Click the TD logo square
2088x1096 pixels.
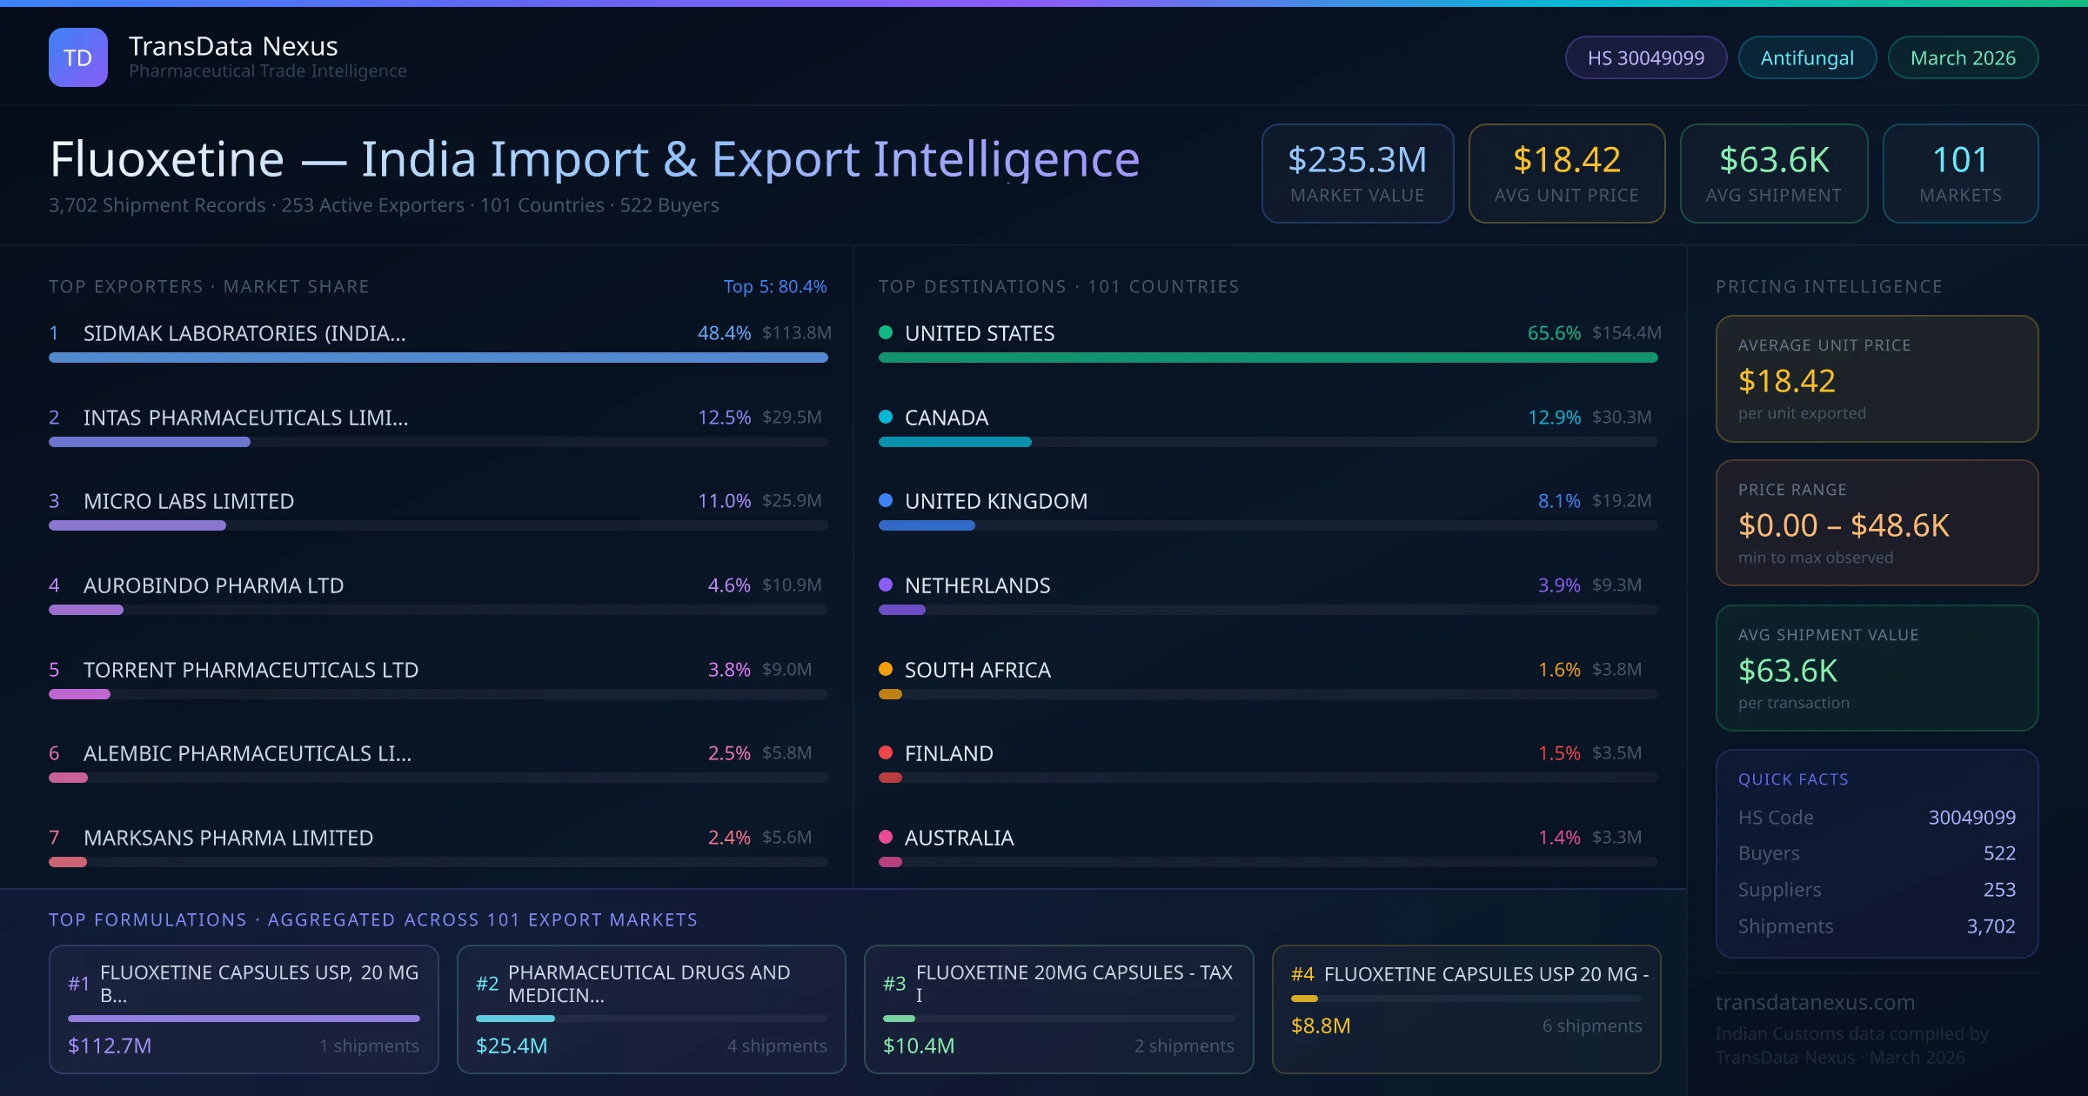(78, 57)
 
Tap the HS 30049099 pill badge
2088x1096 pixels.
(1645, 57)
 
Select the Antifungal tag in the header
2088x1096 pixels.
(1807, 57)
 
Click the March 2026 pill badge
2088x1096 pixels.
(1963, 57)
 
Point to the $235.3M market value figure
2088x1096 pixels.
(1356, 160)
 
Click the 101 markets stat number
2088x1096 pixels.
(1960, 160)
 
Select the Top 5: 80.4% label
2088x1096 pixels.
(774, 286)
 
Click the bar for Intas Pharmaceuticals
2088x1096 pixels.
(150, 442)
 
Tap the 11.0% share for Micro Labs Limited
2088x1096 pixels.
(724, 501)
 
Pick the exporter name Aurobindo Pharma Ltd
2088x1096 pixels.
(213, 585)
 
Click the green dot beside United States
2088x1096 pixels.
(886, 332)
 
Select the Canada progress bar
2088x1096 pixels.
(954, 442)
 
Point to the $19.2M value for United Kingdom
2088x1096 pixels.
(1621, 501)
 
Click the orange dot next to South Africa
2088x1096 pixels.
(886, 669)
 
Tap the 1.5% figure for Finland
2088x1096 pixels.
(1558, 753)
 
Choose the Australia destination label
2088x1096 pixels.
(959, 838)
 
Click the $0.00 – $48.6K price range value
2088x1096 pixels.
(1843, 525)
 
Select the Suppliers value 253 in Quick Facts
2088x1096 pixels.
(1998, 889)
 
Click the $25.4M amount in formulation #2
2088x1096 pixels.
(512, 1046)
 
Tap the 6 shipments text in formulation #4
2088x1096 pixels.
(1591, 1026)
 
